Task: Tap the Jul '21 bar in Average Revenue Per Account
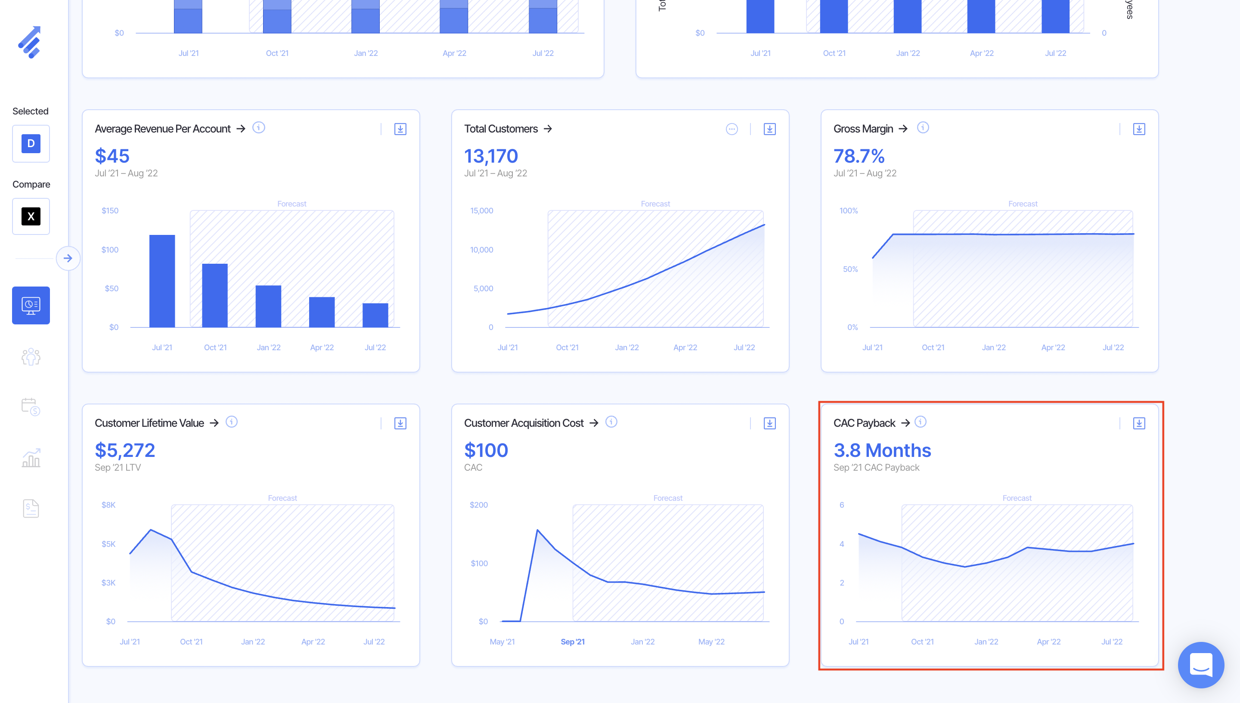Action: click(x=162, y=281)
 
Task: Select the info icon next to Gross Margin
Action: click(x=923, y=127)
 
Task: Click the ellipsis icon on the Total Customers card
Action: click(x=732, y=129)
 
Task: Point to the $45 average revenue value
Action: click(x=112, y=156)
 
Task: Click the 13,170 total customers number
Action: click(x=491, y=156)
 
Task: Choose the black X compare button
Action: click(x=31, y=216)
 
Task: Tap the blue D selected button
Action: click(x=31, y=143)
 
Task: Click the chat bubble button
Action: click(x=1200, y=664)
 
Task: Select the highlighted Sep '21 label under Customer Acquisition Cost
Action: click(x=572, y=641)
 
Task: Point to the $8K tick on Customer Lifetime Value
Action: click(x=108, y=505)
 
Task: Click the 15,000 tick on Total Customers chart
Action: click(x=482, y=210)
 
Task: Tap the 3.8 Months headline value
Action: click(x=882, y=450)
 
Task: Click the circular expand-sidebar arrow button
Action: click(x=68, y=258)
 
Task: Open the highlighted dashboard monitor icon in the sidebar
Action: click(x=31, y=305)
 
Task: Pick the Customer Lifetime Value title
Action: click(x=149, y=423)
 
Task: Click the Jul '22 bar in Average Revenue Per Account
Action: click(x=375, y=315)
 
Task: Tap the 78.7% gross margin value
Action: click(x=859, y=156)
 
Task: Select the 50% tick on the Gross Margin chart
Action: click(x=850, y=269)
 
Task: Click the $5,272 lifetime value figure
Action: click(x=124, y=450)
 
